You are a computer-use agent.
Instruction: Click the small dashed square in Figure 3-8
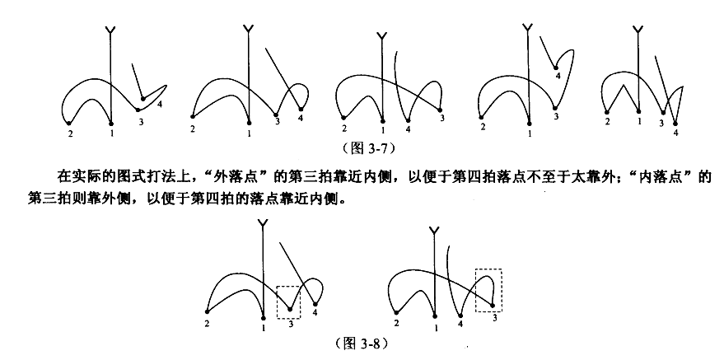pyautogui.click(x=288, y=301)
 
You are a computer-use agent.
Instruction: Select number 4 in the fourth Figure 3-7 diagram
pyautogui.click(x=558, y=76)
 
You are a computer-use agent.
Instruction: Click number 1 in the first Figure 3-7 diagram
pyautogui.click(x=112, y=132)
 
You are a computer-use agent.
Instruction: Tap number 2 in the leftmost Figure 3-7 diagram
pyautogui.click(x=70, y=133)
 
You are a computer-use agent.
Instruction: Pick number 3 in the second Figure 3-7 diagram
pyautogui.click(x=277, y=122)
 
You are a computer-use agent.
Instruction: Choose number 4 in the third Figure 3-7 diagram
pyautogui.click(x=409, y=129)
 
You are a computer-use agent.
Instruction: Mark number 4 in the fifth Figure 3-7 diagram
pyautogui.click(x=675, y=132)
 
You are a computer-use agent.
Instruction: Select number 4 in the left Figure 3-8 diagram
pyautogui.click(x=315, y=313)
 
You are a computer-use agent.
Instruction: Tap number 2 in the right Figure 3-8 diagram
pyautogui.click(x=397, y=323)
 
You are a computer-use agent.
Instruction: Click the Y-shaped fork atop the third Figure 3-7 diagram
pyautogui.click(x=381, y=36)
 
